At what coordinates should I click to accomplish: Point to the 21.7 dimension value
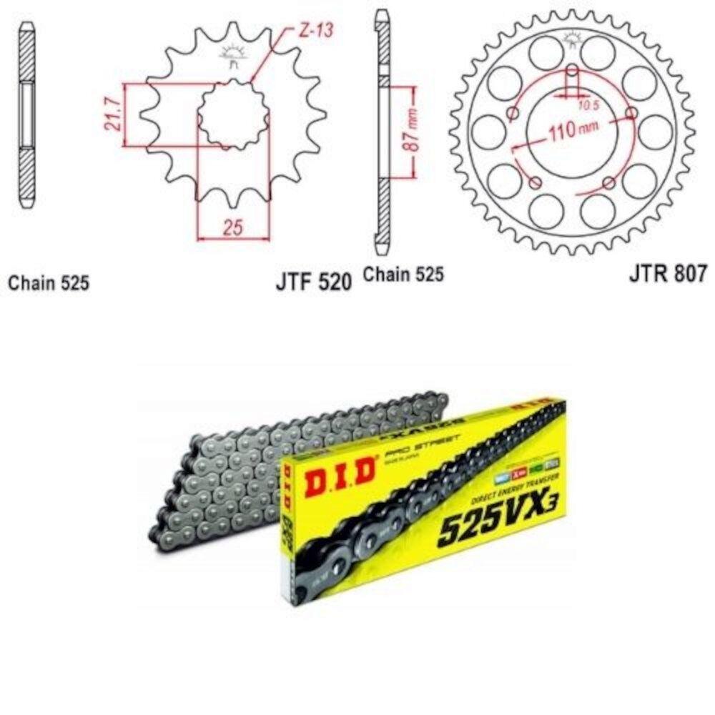[111, 114]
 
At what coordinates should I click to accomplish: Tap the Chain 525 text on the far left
[49, 283]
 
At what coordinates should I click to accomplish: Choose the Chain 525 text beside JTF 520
[403, 274]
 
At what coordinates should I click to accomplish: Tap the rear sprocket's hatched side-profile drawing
[383, 132]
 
